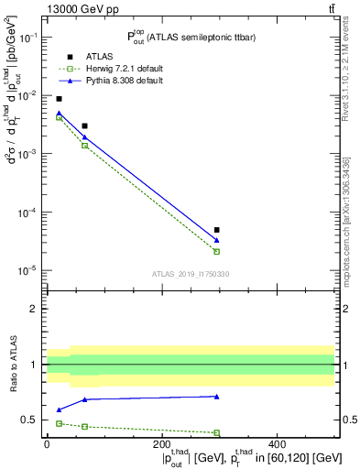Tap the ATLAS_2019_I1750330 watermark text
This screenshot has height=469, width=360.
click(190, 273)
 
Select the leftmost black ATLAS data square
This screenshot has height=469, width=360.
click(59, 99)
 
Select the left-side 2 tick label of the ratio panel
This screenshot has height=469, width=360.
click(34, 309)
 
